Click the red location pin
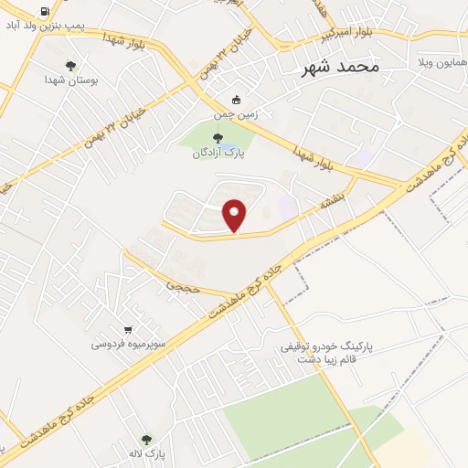click(x=236, y=215)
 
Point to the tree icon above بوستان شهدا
click(x=71, y=66)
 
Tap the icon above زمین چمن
click(x=237, y=100)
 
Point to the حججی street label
click(x=175, y=286)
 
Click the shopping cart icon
click(x=129, y=330)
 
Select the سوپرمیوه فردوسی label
click(x=128, y=345)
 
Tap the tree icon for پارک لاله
click(x=147, y=440)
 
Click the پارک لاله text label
click(x=146, y=454)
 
